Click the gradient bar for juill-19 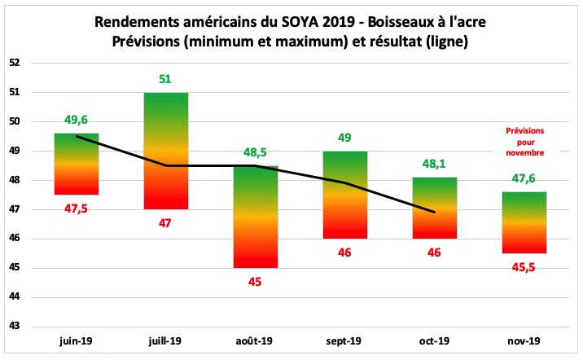(x=166, y=151)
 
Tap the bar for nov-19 (x=524, y=222)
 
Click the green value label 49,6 (x=77, y=121)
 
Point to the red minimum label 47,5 (x=77, y=208)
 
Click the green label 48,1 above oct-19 (x=435, y=164)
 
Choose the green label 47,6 (x=524, y=179)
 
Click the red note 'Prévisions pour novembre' (x=524, y=141)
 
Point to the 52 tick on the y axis (x=25, y=63)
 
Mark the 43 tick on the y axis (x=25, y=327)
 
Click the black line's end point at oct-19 (x=435, y=212)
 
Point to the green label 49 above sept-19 (x=345, y=138)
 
